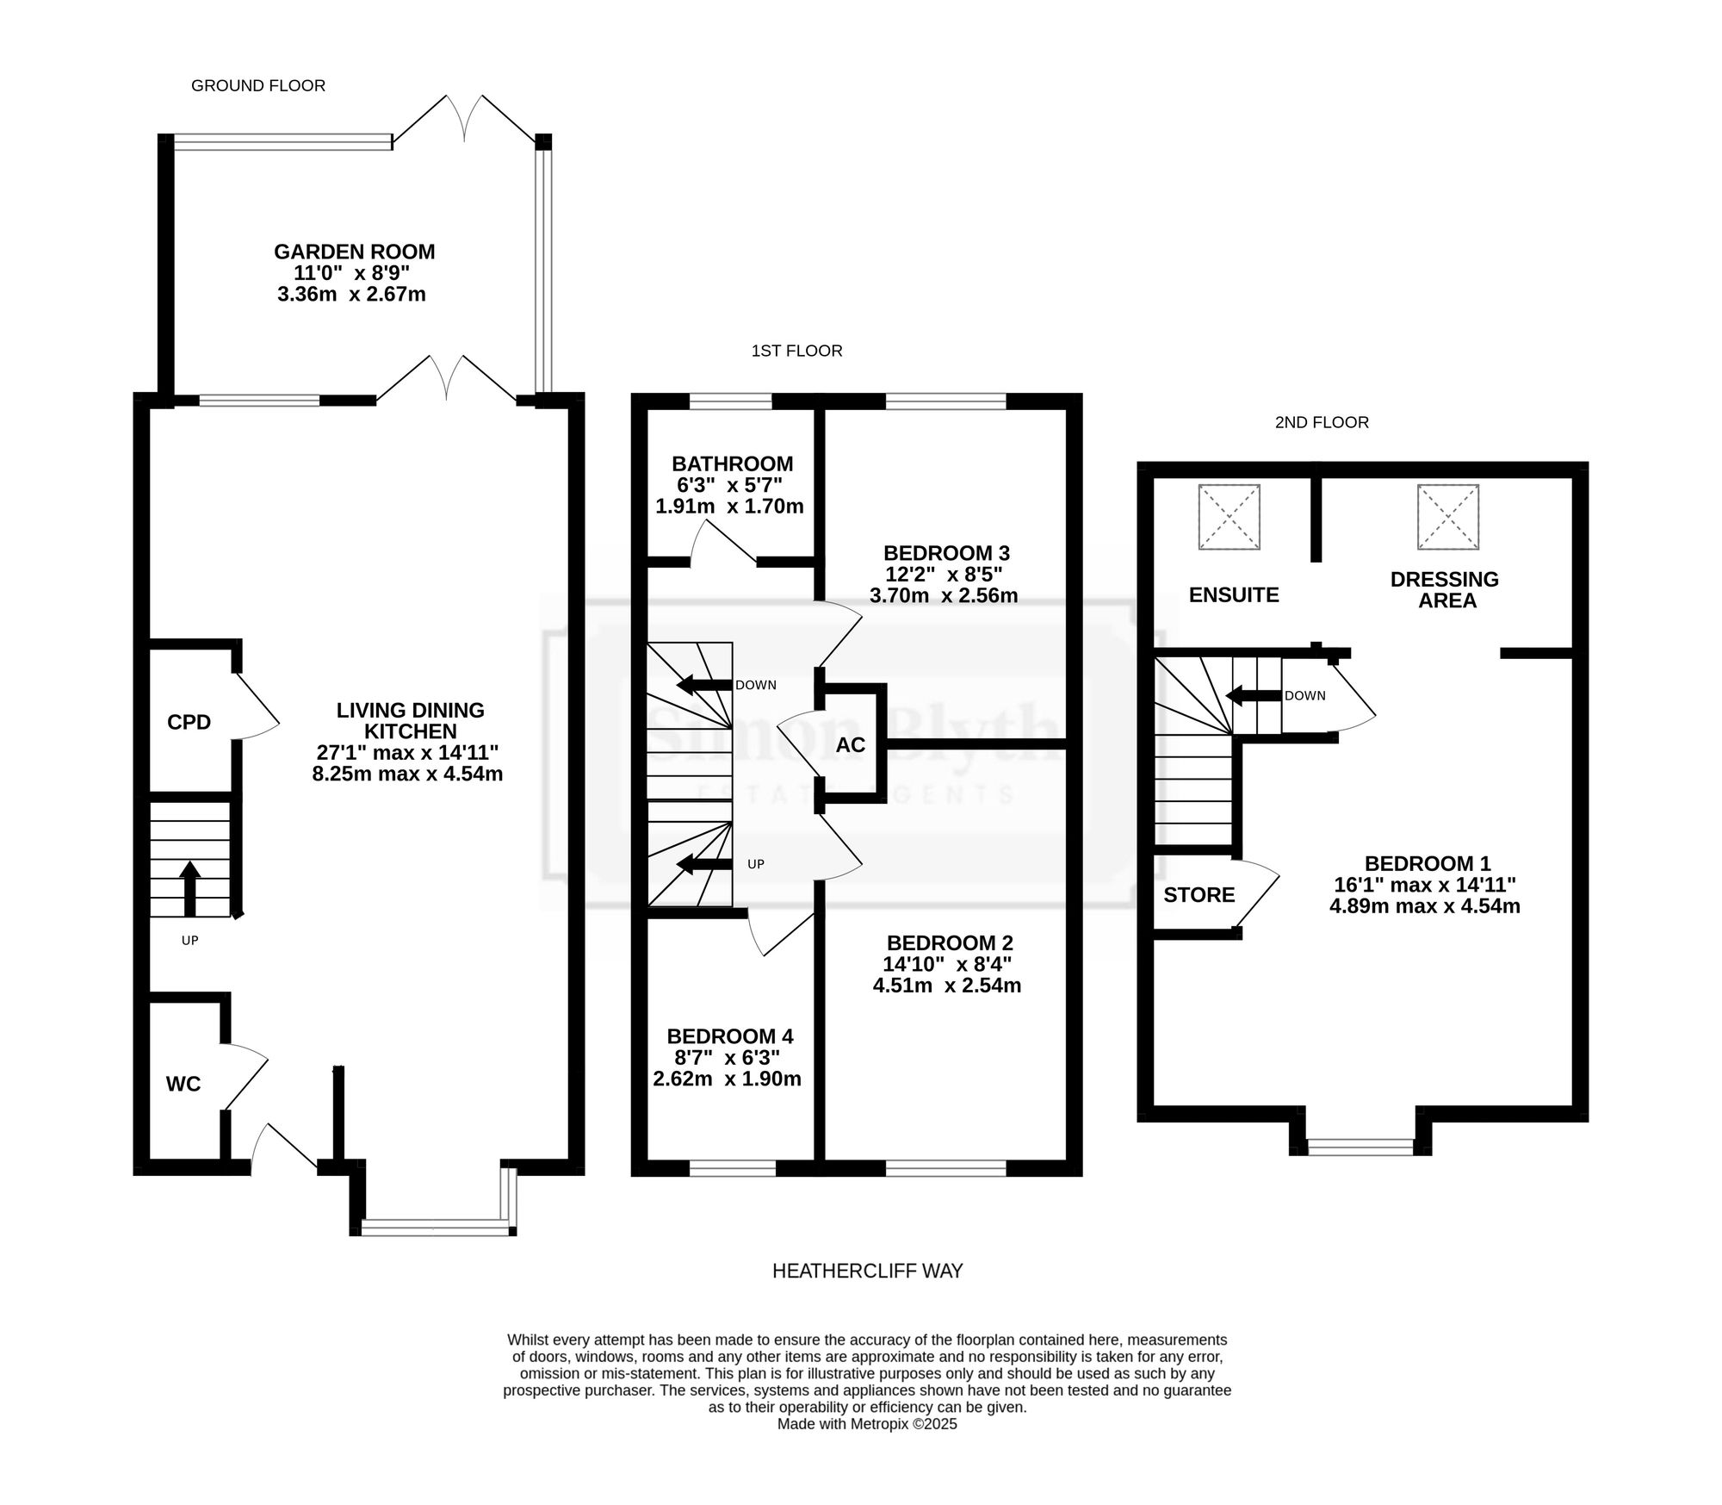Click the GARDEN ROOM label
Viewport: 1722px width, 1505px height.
[355, 252]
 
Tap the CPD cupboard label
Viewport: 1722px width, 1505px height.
[189, 722]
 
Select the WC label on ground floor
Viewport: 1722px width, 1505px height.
[183, 1084]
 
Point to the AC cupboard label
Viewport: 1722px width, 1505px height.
[851, 744]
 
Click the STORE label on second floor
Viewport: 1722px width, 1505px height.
[1199, 895]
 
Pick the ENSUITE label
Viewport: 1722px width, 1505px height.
[1234, 594]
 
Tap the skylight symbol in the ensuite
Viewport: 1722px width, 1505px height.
[1230, 517]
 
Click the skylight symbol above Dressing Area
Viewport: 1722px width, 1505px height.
[1448, 517]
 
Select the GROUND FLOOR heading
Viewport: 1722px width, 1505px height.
[258, 85]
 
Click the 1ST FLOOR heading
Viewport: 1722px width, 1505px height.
[797, 351]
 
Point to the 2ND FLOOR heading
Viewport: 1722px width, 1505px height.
[1322, 422]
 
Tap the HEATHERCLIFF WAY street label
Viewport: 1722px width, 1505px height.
[868, 1271]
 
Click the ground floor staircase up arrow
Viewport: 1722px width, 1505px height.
[190, 888]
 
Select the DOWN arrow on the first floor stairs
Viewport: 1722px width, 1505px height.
[703, 685]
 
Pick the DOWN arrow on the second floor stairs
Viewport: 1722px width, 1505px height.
[1254, 695]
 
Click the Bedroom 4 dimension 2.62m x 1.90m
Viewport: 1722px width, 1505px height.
[728, 1079]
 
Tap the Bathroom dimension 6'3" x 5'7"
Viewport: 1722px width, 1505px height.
[730, 485]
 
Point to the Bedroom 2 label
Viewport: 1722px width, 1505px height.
[950, 943]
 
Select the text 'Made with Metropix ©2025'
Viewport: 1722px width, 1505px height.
[867, 1424]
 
